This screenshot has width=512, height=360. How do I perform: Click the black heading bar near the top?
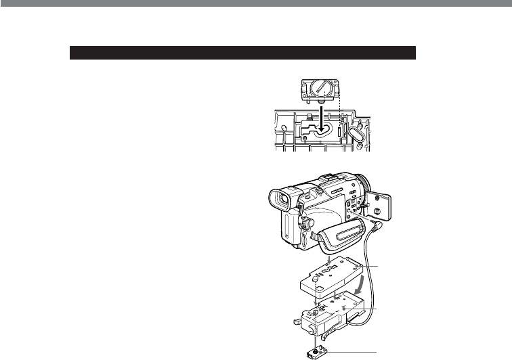click(242, 53)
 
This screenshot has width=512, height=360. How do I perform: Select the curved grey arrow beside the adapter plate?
click(365, 278)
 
